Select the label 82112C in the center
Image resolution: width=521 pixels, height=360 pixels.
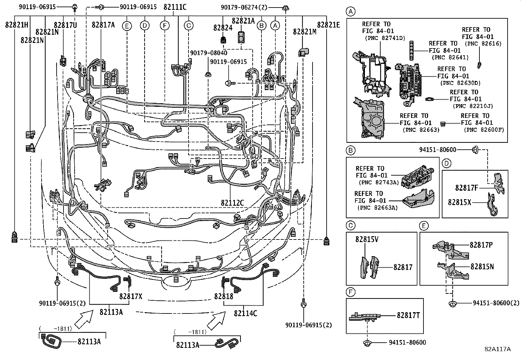(x=232, y=203)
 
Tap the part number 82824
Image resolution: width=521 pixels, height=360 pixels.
(x=223, y=28)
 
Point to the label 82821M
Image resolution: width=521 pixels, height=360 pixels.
(x=305, y=32)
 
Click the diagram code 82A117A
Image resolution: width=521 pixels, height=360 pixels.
(x=498, y=349)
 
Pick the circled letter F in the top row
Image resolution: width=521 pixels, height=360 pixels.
(x=165, y=26)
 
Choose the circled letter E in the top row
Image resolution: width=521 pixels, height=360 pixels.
(x=127, y=26)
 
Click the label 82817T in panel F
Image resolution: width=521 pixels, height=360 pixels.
(x=408, y=315)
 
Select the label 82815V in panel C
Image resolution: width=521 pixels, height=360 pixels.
(x=367, y=239)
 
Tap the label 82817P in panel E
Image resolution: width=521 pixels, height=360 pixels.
(x=481, y=245)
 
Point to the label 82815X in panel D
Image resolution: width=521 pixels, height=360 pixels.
(x=459, y=202)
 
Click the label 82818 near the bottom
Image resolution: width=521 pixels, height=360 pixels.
(x=224, y=296)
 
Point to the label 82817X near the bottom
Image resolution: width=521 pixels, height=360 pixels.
(x=131, y=296)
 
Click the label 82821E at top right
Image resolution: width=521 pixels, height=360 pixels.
(x=328, y=25)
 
